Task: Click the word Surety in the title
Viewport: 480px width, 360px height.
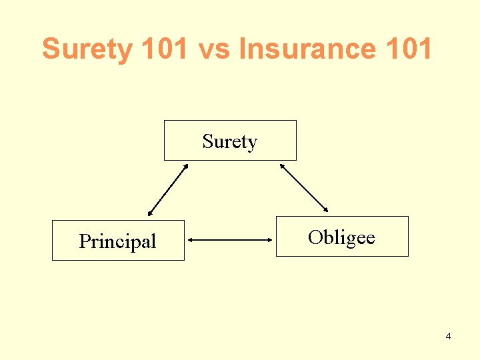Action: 87,49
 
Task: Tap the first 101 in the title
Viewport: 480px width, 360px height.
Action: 161,49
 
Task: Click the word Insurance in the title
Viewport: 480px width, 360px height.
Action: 307,49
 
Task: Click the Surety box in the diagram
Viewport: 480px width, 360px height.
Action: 230,141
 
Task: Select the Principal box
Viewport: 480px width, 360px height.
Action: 118,240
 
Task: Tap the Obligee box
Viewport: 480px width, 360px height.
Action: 342,236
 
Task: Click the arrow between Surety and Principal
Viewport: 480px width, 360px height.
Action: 168,190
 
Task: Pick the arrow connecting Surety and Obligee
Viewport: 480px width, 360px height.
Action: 305,188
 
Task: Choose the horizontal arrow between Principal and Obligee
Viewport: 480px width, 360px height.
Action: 231,239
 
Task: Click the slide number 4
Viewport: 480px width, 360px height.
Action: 448,336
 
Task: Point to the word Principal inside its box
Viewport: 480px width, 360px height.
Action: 117,241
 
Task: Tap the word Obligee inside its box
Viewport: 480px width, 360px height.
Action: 341,237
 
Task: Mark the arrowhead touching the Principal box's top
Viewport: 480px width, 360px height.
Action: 150,213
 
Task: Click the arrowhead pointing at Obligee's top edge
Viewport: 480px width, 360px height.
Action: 327,210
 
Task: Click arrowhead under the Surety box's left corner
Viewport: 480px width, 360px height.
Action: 186,167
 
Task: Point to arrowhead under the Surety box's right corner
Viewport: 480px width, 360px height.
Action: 283,166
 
